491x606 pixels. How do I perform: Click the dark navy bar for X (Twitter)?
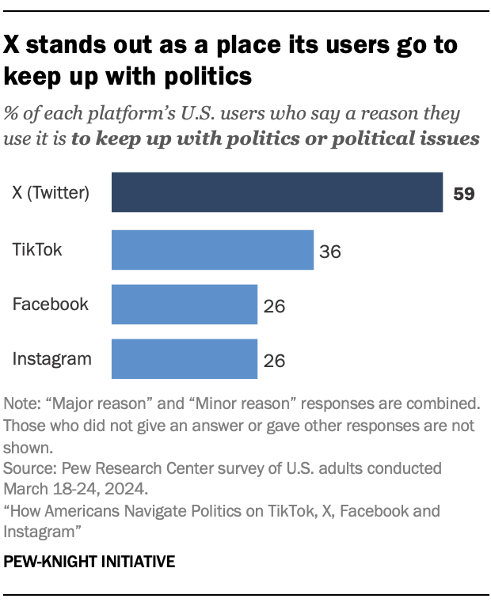276,192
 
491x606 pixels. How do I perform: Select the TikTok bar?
212,250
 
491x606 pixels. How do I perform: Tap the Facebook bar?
185,305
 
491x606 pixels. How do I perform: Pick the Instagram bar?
185,359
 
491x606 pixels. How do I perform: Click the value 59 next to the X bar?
463,194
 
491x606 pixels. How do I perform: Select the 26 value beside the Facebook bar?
273,306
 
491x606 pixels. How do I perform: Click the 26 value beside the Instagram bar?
273,361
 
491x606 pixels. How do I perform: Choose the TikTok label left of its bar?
37,250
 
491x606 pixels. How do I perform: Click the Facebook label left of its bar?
51,305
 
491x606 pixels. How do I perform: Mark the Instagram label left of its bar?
52,359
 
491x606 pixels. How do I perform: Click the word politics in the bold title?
204,77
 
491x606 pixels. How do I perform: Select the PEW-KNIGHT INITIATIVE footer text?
89,562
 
